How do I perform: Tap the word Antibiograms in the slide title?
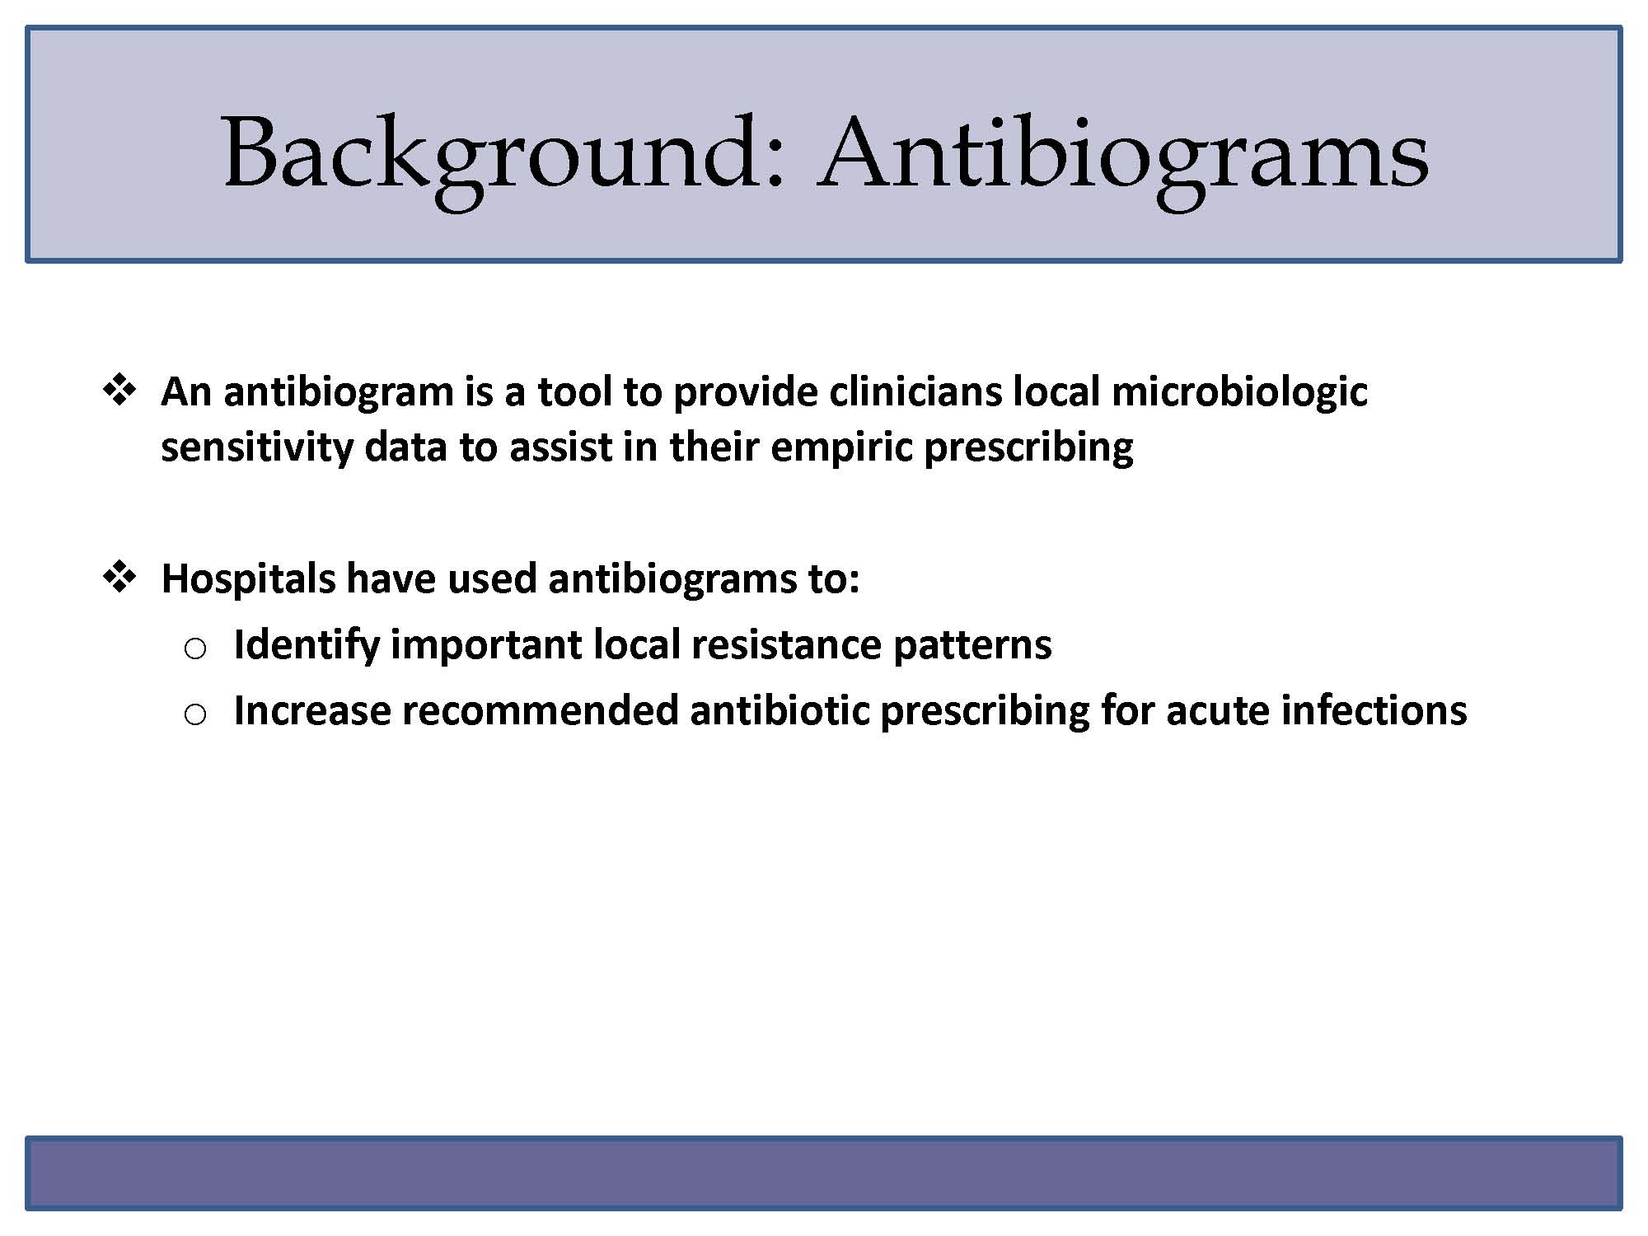(x=1123, y=157)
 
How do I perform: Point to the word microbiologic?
(x=1239, y=393)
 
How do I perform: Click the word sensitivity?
(x=256, y=448)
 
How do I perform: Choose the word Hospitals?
(x=248, y=579)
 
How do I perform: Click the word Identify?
(x=307, y=645)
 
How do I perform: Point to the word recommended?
(x=541, y=710)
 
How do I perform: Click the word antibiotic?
(x=780, y=710)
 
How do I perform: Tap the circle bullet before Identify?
(x=195, y=649)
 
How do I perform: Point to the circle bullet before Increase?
(x=195, y=714)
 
